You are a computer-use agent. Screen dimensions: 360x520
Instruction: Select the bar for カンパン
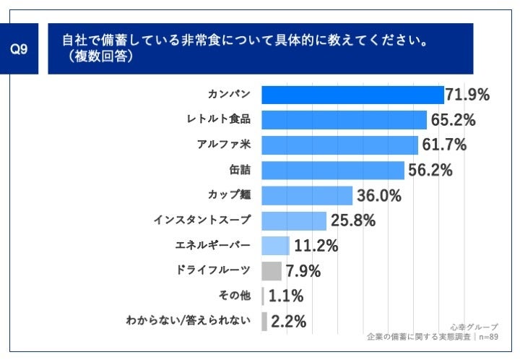tap(352, 95)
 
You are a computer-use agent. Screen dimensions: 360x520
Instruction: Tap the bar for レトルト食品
tap(344, 119)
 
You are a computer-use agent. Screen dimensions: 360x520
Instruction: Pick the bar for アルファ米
tap(339, 145)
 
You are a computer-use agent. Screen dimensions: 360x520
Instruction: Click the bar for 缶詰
tap(332, 170)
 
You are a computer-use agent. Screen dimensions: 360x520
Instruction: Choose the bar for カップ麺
tap(306, 195)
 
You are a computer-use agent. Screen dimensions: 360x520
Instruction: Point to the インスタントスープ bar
tap(294, 220)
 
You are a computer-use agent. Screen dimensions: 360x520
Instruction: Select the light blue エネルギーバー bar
tap(275, 246)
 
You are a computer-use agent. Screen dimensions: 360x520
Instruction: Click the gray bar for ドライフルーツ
tap(271, 271)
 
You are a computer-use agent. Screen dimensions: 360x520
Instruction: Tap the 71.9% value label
tap(468, 95)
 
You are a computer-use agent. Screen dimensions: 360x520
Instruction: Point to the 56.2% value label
tap(430, 171)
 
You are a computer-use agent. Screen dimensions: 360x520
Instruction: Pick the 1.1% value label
tap(286, 296)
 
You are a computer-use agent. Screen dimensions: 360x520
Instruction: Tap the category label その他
tap(234, 295)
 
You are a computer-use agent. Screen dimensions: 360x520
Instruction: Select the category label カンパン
tap(229, 95)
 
